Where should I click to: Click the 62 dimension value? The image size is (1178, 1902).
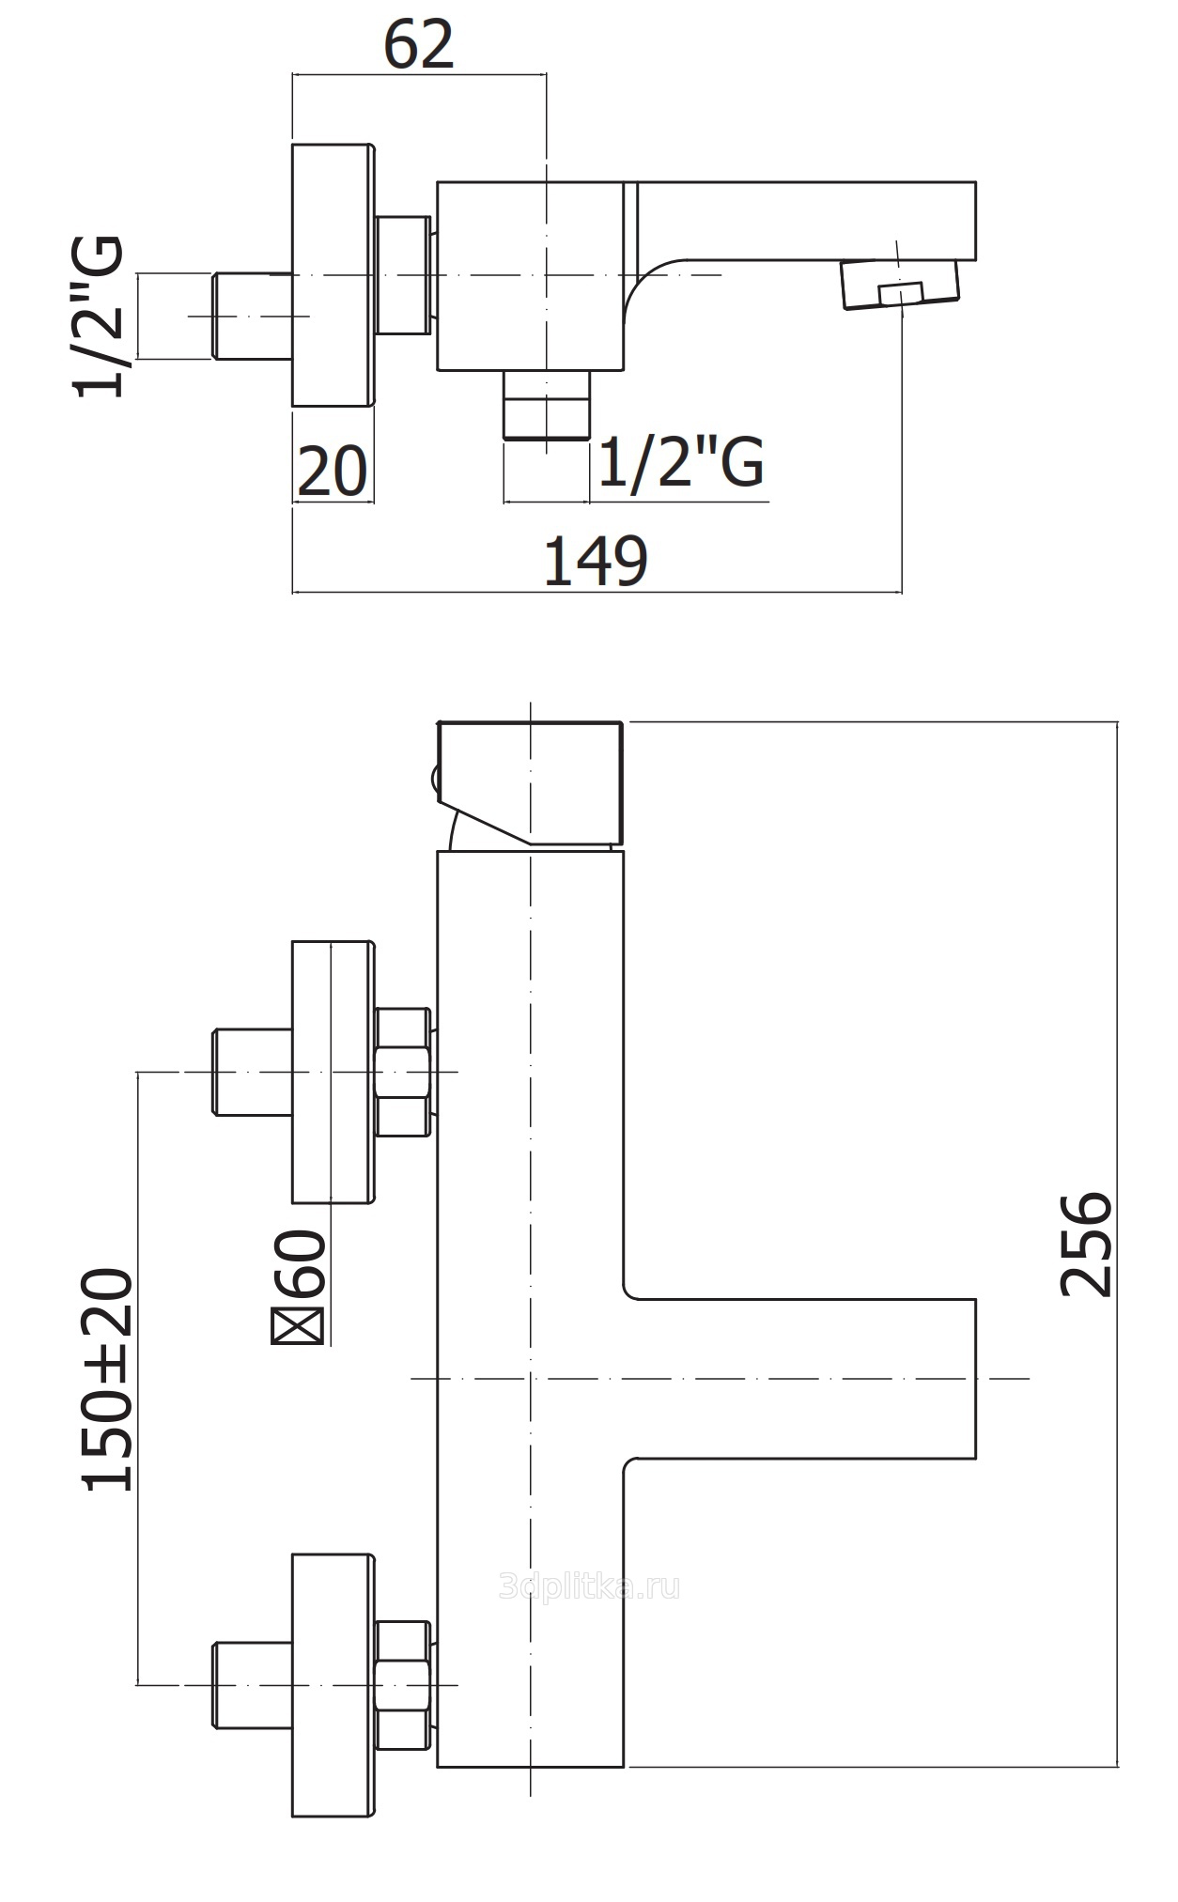coord(418,44)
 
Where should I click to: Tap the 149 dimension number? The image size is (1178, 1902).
coord(596,562)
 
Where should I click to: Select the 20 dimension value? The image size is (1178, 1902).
coord(332,472)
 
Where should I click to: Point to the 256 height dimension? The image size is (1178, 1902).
coord(1086,1245)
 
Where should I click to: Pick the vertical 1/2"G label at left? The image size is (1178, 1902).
coord(99,317)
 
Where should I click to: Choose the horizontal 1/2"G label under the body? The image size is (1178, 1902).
coord(680,461)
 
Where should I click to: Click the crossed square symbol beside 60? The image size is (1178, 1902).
coord(296,1327)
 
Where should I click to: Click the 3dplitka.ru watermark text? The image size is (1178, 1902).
coord(589,1586)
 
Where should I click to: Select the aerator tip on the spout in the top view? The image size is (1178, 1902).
coord(900,283)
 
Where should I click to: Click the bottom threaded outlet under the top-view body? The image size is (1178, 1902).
coord(546,404)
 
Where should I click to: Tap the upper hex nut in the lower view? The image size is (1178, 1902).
coord(402,1072)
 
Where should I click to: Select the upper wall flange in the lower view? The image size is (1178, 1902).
coord(333,1072)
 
